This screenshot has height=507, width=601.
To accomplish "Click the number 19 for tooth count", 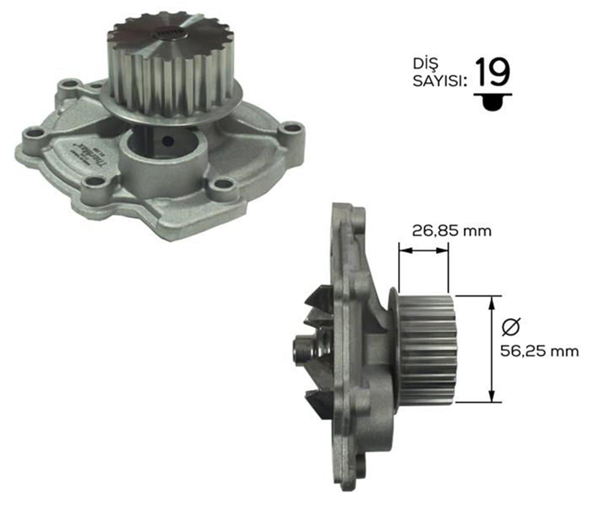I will pyautogui.click(x=492, y=73).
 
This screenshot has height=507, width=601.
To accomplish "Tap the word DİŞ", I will pyautogui.click(x=426, y=64).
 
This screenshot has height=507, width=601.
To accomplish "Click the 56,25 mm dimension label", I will pyautogui.click(x=539, y=351).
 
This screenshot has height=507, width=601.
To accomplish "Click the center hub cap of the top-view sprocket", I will pyautogui.click(x=170, y=36).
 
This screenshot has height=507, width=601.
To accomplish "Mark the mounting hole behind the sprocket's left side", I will pyautogui.click(x=70, y=85).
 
